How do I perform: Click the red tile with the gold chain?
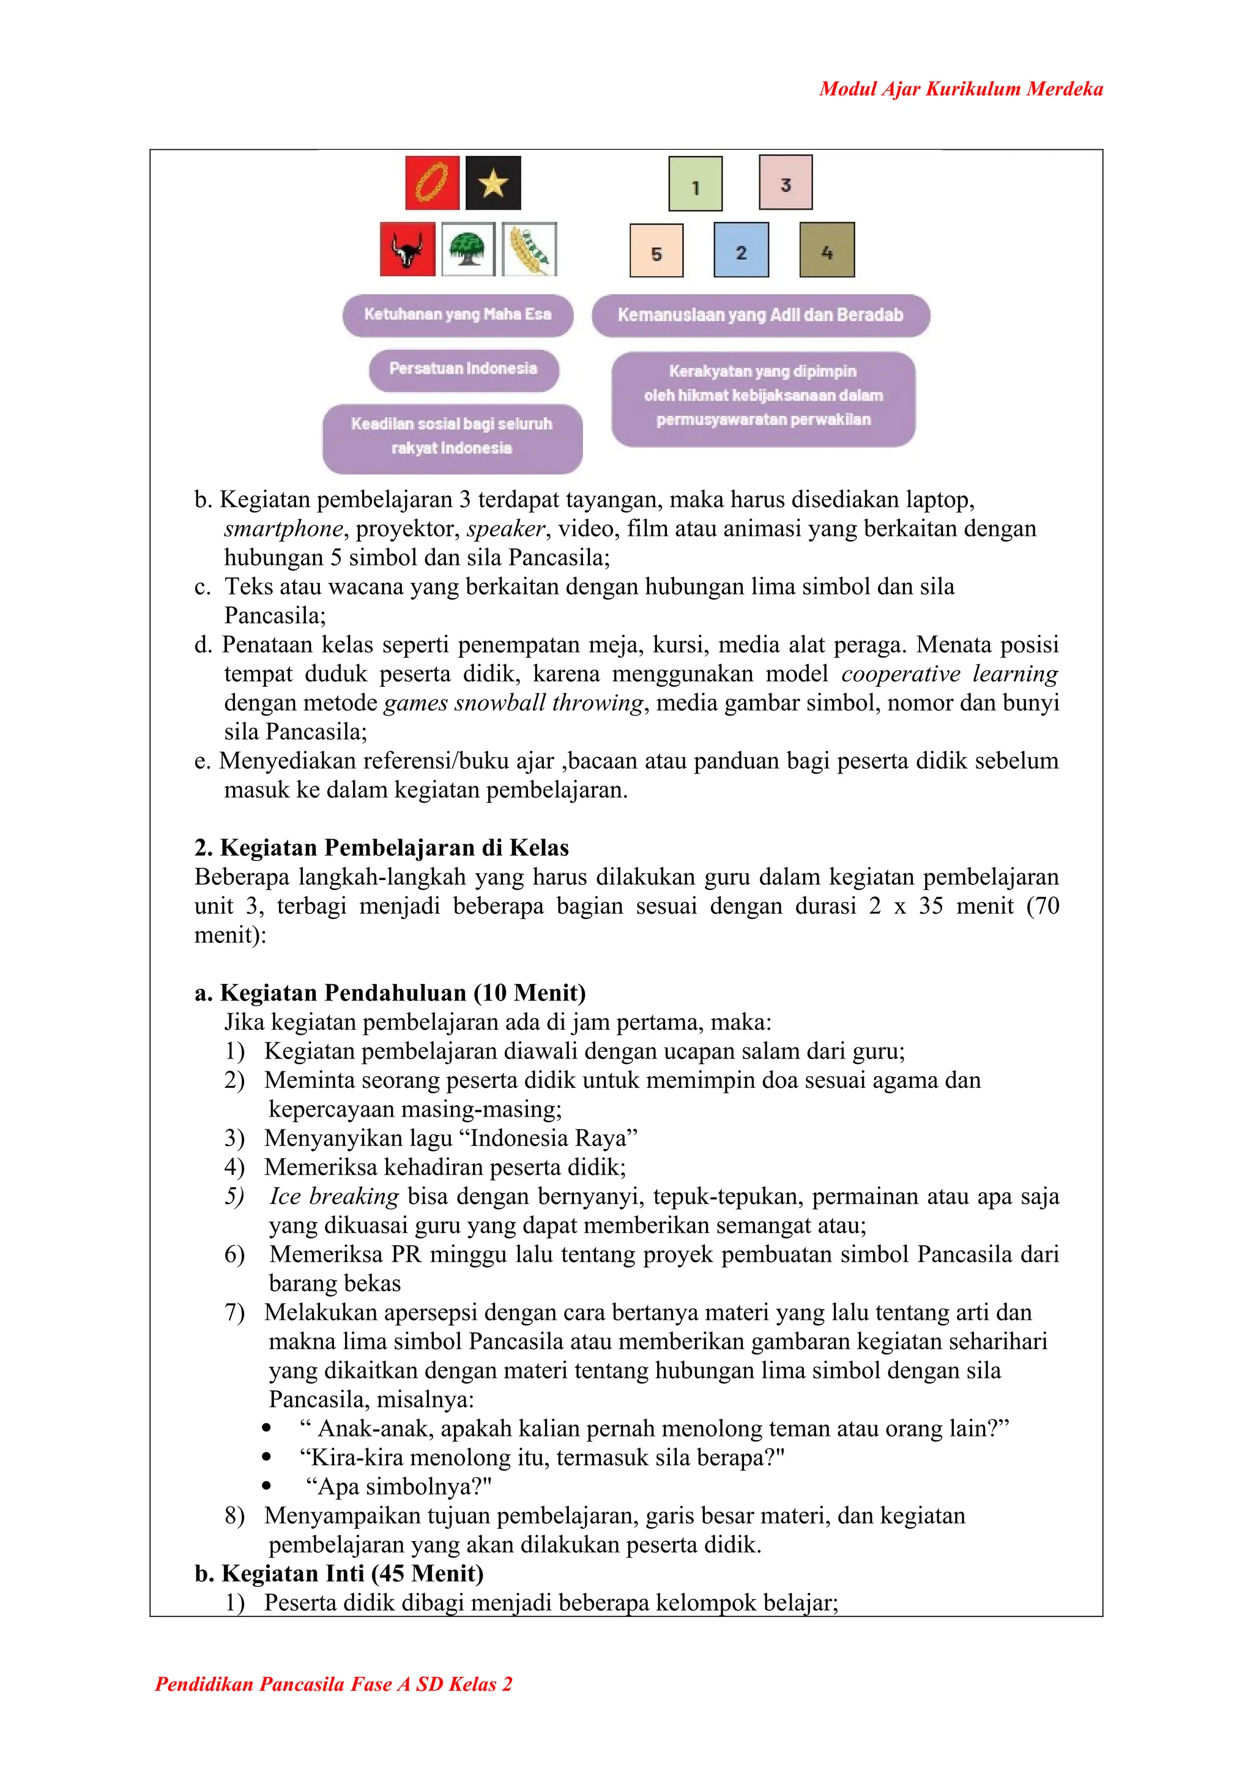pos(432,183)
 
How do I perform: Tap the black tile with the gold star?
pos(493,183)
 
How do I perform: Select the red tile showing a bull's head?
pos(407,249)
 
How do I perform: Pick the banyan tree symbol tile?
pos(468,249)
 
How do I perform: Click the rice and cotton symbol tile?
pos(529,249)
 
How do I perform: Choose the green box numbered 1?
pos(695,183)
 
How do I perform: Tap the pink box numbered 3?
pos(786,182)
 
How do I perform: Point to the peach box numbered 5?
pos(656,250)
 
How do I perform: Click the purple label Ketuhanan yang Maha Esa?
pos(458,315)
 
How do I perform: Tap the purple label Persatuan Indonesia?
pos(463,369)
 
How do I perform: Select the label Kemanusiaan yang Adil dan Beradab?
pos(760,315)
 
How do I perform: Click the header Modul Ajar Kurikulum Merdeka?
pos(961,89)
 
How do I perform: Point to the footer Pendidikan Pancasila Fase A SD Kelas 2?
pos(333,1684)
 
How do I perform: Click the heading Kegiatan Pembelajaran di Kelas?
pos(381,848)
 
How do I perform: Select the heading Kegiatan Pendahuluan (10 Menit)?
pos(390,993)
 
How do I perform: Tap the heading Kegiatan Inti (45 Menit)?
pos(340,1573)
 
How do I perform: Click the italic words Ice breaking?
pos(333,1196)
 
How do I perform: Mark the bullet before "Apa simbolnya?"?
pos(266,1485)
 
